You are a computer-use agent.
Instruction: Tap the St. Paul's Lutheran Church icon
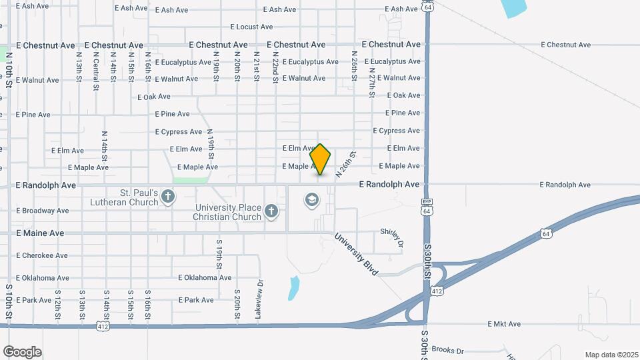(168, 197)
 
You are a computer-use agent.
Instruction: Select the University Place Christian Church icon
(271, 211)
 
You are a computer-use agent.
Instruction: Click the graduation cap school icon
(311, 199)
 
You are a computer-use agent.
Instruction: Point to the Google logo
(22, 352)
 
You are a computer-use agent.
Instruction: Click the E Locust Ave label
(251, 27)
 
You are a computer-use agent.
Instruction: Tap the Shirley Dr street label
(392, 234)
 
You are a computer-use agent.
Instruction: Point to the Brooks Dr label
(447, 349)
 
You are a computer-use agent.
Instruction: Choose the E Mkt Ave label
(504, 324)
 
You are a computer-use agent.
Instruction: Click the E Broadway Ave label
(43, 211)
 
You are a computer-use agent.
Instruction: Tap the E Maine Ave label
(40, 233)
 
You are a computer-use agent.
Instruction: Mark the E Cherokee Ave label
(42, 255)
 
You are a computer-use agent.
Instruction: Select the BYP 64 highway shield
(426, 207)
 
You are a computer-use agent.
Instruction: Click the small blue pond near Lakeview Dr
(293, 288)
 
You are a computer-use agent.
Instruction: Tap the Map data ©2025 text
(610, 354)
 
